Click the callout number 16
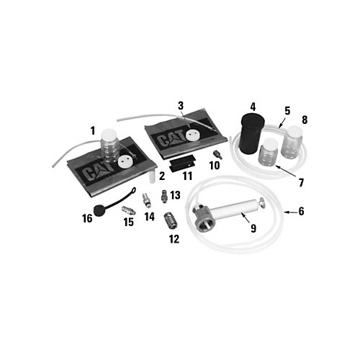point(87,218)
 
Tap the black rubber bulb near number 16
point(99,210)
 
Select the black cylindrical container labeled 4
point(252,134)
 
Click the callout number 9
point(253,228)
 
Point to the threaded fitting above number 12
point(169,219)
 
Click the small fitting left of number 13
point(164,197)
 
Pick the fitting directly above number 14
point(146,200)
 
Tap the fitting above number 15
point(129,210)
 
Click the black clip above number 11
point(182,163)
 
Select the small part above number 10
point(217,154)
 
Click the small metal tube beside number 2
point(152,176)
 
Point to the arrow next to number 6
point(290,212)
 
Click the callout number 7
point(301,183)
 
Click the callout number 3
point(181,106)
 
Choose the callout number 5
point(287,111)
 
